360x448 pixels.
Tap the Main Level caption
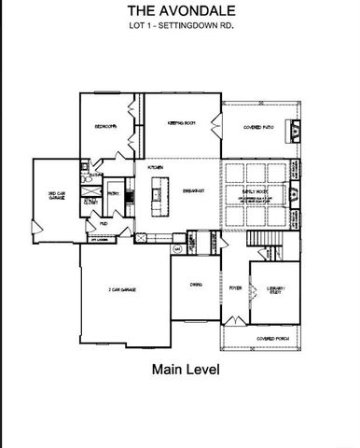click(x=185, y=370)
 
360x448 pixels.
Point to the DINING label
click(x=195, y=284)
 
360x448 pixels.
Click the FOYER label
click(x=236, y=289)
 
